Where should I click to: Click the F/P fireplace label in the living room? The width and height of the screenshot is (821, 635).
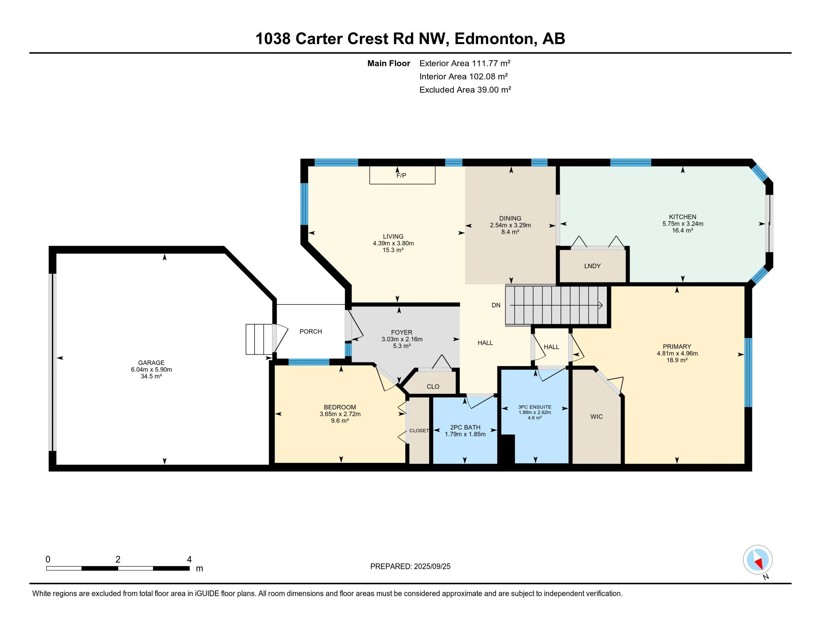(401, 175)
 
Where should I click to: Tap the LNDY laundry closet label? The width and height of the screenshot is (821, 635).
(593, 266)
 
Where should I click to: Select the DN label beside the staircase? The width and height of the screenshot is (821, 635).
(496, 305)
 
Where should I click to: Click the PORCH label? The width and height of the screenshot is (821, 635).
(310, 331)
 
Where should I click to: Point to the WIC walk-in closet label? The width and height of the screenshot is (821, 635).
(597, 416)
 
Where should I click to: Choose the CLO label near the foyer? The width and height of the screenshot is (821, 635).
(433, 386)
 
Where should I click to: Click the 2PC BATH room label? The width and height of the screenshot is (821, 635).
(465, 427)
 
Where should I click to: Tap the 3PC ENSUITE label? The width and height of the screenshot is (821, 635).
(534, 407)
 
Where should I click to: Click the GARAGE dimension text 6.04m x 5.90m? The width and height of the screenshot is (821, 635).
(152, 369)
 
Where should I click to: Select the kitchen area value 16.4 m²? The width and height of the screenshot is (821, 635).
(683, 230)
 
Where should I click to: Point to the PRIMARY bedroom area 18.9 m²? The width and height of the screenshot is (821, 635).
(677, 360)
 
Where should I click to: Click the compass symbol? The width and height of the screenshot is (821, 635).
(758, 560)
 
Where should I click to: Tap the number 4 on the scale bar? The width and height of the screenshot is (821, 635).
(190, 560)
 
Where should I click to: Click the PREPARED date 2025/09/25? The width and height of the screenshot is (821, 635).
(432, 567)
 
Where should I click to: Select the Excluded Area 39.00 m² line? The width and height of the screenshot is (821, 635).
(465, 90)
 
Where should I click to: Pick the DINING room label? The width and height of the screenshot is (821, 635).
(510, 218)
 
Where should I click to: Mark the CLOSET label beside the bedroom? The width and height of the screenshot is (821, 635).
(419, 430)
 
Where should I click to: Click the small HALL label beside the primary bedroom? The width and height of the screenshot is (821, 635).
(552, 347)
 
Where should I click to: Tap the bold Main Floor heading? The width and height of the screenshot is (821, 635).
(389, 63)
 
